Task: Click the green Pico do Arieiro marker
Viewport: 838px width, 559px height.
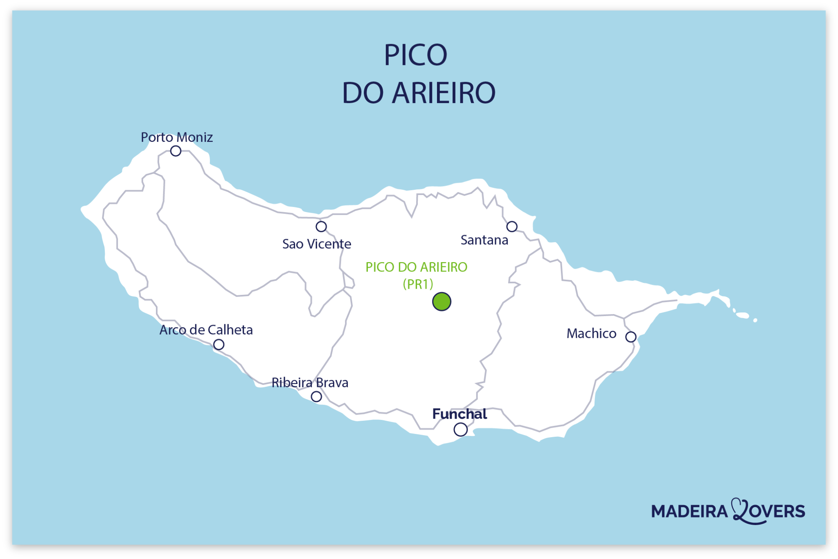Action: tap(442, 302)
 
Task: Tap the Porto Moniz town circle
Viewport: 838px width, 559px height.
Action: tap(176, 151)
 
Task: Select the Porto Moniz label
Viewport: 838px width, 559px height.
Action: tap(177, 137)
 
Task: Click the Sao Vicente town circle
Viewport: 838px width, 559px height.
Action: tap(321, 227)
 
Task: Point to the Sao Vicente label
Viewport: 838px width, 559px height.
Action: tap(317, 244)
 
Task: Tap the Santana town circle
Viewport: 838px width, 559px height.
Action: tap(512, 227)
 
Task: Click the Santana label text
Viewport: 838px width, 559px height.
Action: tap(484, 240)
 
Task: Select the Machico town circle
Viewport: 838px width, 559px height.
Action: tap(631, 337)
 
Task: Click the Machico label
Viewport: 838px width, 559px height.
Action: tap(591, 334)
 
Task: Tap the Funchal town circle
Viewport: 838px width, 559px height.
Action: tap(460, 430)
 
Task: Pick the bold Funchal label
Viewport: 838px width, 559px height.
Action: tap(460, 414)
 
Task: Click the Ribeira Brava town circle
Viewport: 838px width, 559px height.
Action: tap(316, 397)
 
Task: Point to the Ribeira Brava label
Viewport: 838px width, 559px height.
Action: tap(310, 383)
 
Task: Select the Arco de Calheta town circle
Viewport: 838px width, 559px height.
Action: tap(219, 345)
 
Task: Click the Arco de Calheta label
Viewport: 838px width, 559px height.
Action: tap(206, 330)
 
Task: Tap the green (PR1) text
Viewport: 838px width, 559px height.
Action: tap(418, 284)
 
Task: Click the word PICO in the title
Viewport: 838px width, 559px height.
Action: tap(415, 55)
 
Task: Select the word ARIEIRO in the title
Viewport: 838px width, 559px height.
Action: tap(444, 93)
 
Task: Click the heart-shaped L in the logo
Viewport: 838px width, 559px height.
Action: tap(741, 511)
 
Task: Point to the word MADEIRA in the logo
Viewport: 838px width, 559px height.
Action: tap(689, 512)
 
